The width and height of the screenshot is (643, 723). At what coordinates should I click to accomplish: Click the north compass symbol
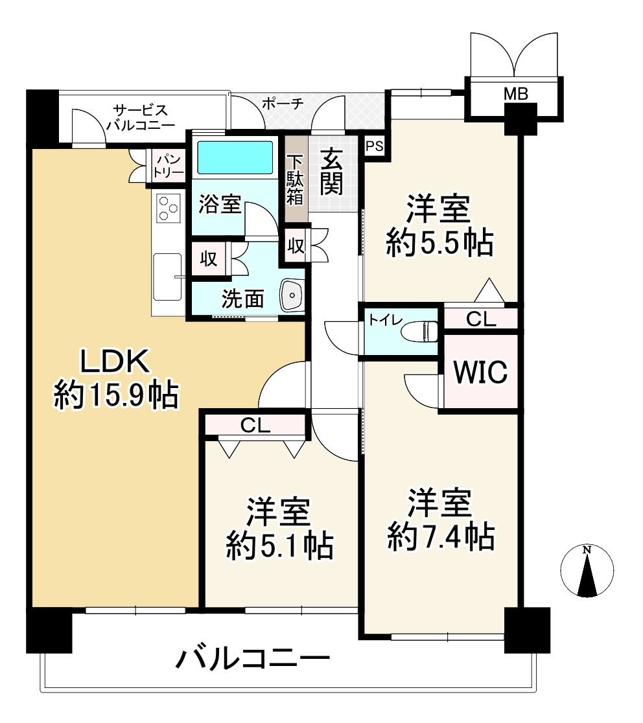(587, 571)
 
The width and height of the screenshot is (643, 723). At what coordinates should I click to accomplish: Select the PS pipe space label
(375, 146)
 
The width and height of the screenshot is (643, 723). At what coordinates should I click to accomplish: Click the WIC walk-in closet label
(480, 373)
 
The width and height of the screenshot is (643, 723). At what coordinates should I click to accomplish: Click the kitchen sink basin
(167, 277)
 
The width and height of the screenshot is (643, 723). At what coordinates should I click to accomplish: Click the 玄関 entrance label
(331, 172)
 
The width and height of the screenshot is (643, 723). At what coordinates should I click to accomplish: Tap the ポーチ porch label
(283, 104)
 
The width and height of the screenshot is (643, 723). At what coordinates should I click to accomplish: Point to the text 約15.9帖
(115, 395)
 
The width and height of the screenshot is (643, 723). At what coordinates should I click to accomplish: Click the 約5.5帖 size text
(439, 243)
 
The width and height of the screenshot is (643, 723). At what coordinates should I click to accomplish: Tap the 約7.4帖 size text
(441, 536)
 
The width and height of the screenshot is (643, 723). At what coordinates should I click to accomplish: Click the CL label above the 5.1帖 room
(255, 425)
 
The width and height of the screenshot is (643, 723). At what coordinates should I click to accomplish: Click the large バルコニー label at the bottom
(253, 661)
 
